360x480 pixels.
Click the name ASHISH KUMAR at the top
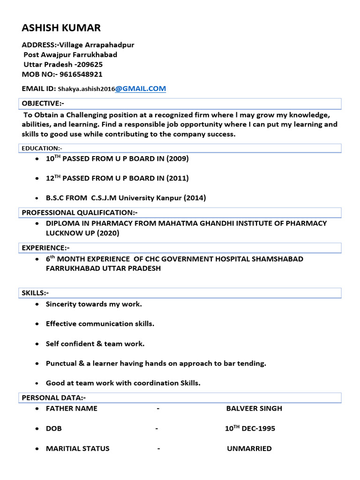tap(61, 28)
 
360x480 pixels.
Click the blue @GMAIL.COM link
tap(141, 88)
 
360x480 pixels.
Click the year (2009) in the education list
tap(178, 158)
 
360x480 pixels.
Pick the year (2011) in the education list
tap(178, 178)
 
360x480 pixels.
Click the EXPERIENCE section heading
tap(45, 247)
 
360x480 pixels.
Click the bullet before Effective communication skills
tap(37, 324)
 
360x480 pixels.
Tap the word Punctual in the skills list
tap(61, 363)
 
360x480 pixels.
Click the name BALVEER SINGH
tap(254, 408)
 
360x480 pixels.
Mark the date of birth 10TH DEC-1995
tap(250, 428)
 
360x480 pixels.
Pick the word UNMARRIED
tap(249, 449)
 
